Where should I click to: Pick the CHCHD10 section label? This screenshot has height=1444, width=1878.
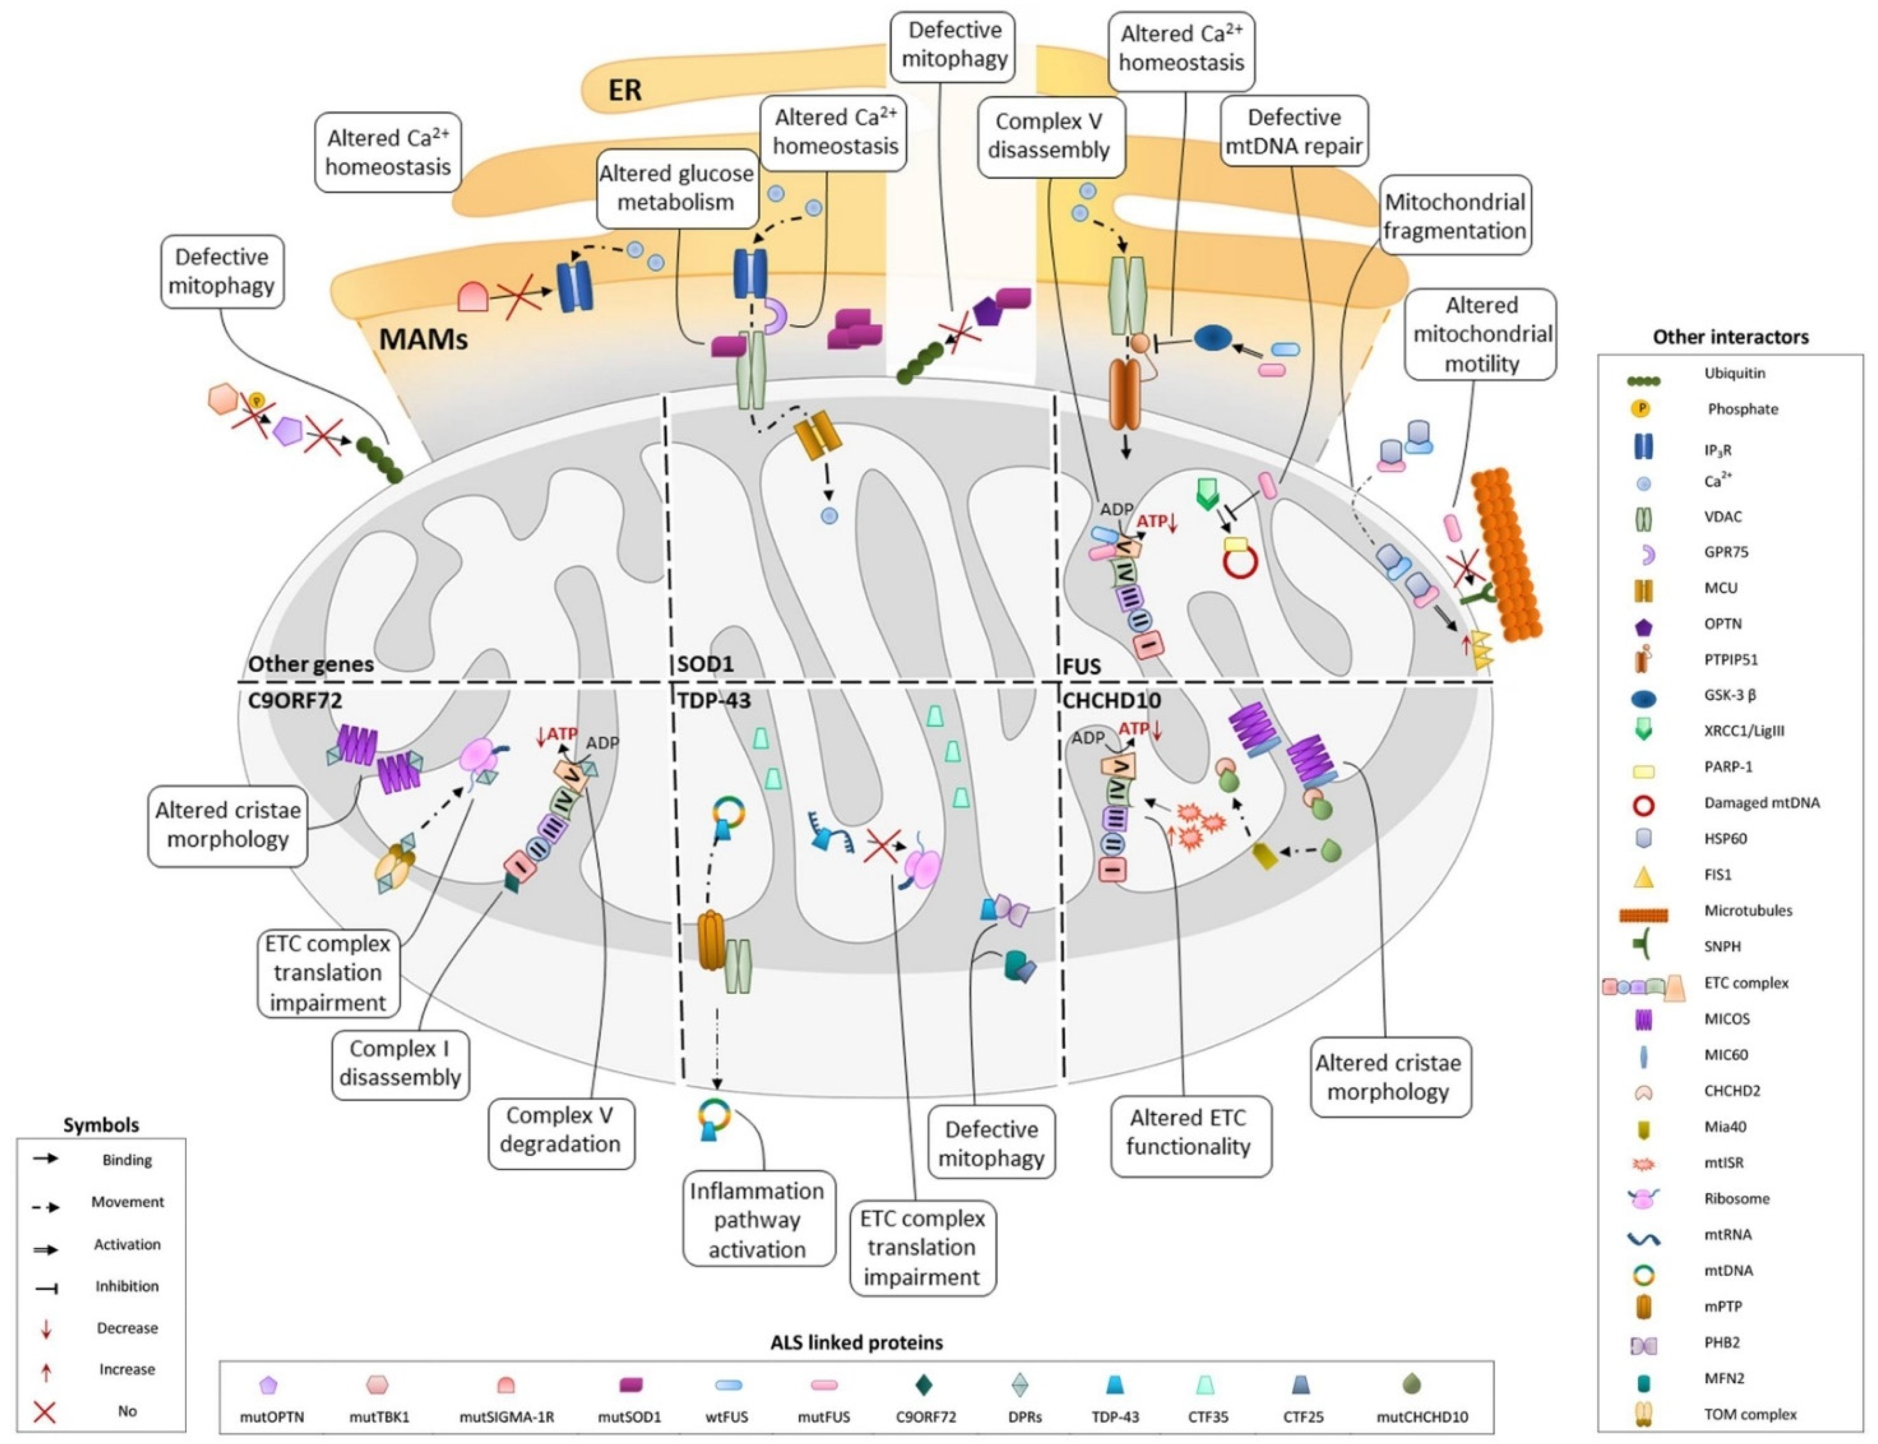click(1112, 700)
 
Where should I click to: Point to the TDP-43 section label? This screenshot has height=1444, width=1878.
click(714, 700)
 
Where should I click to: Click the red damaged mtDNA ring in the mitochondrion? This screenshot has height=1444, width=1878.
click(1240, 562)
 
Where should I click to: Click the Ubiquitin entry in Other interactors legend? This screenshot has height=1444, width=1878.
click(1734, 373)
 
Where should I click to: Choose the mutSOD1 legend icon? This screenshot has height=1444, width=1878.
click(631, 1385)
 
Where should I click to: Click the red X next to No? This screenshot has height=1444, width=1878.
click(44, 1411)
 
